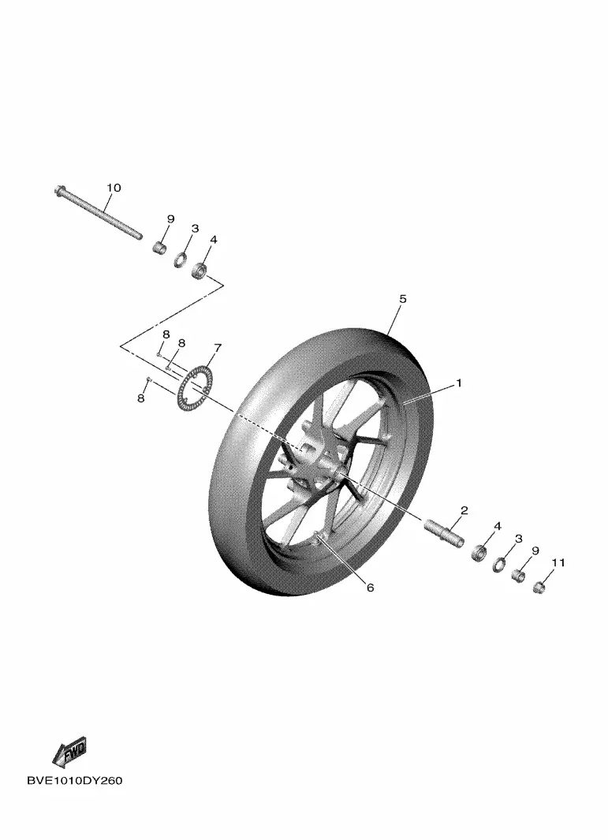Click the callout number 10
point(114,188)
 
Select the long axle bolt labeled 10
point(98,213)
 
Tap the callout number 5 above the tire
point(403,298)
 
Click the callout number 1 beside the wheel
point(458,383)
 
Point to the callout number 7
point(218,348)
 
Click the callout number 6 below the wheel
point(370,588)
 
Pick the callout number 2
point(464,510)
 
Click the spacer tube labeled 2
point(443,532)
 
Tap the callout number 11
point(558,562)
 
